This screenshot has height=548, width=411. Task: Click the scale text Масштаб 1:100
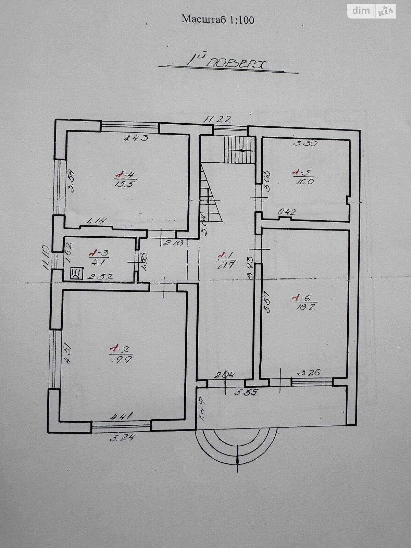tap(218, 20)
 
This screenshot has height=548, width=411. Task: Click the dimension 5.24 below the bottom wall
tap(119, 437)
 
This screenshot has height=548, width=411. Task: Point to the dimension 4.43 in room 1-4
tap(136, 138)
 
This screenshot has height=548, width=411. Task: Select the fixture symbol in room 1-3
tap(75, 274)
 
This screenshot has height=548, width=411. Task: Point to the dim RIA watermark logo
tap(372, 11)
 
